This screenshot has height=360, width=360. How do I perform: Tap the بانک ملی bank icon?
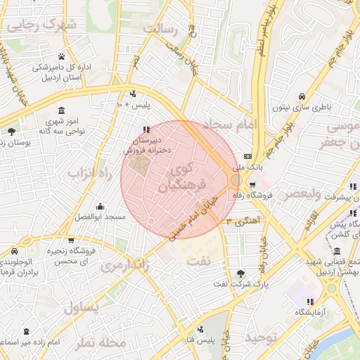[x=247, y=156]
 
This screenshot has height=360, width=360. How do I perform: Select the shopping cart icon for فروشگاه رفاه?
[x=252, y=186]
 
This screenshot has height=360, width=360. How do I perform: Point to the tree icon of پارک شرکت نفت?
[x=241, y=274]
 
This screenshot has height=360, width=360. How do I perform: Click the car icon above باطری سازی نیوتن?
[x=302, y=96]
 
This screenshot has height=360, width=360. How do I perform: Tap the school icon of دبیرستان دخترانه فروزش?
[x=146, y=129]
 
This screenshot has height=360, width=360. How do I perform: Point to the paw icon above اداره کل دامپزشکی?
[x=62, y=57]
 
